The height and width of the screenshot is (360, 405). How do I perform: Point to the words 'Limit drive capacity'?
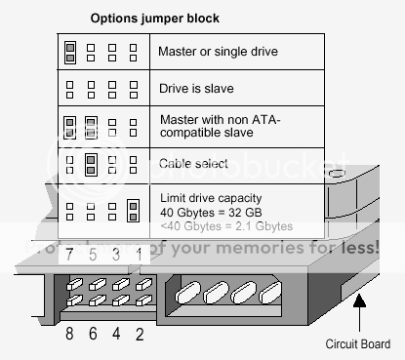pos(210,198)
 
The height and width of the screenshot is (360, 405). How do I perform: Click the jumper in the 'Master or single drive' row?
pos(70,51)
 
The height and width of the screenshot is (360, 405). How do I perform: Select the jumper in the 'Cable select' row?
pos(92,162)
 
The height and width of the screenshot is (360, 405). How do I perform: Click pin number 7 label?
pos(70,256)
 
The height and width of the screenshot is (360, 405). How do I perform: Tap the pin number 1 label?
pos(138,256)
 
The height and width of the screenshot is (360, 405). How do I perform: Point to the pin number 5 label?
pos(93,256)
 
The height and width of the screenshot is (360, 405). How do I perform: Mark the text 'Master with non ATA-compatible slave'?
pos(219,126)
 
